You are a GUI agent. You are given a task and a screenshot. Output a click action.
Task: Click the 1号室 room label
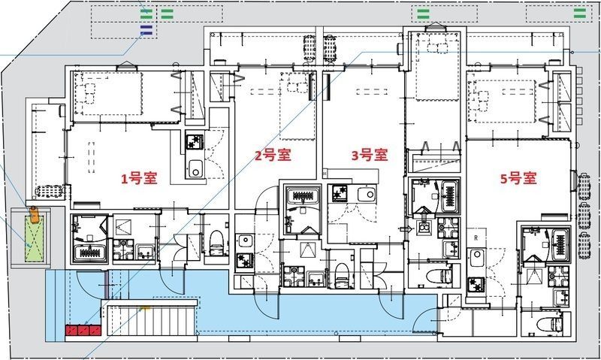click(139, 178)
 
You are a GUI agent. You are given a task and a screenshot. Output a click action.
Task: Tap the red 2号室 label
click(273, 155)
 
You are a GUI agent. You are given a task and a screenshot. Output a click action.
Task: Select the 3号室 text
click(370, 155)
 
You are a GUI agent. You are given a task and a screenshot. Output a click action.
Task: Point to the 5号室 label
click(518, 178)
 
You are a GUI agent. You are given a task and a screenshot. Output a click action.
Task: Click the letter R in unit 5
click(476, 237)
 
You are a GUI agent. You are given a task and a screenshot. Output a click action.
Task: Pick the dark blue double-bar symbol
click(146, 30)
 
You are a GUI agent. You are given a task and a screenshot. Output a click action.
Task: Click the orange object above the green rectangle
click(34, 214)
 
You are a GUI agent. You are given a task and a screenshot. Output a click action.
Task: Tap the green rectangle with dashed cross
click(34, 239)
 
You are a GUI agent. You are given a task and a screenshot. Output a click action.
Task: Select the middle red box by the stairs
click(83, 330)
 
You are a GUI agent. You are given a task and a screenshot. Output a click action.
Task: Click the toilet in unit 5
click(549, 324)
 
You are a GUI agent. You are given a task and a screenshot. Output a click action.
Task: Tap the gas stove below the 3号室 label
click(340, 193)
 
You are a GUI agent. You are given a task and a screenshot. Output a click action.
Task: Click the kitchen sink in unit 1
click(195, 168)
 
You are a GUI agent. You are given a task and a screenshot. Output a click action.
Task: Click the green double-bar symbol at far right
click(579, 14)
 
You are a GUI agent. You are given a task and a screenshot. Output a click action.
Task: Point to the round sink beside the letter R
click(476, 254)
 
